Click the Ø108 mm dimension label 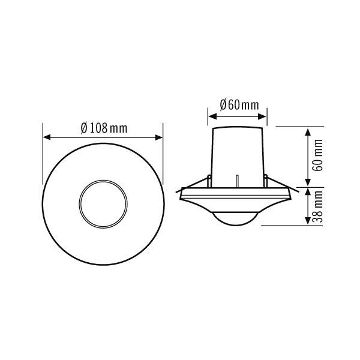click(103, 128)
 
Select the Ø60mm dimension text click(239, 105)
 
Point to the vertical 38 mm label click(319, 206)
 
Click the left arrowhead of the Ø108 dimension click(46, 137)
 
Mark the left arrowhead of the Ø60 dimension click(211, 115)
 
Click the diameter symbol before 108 click(83, 128)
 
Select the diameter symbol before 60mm click(223, 105)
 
